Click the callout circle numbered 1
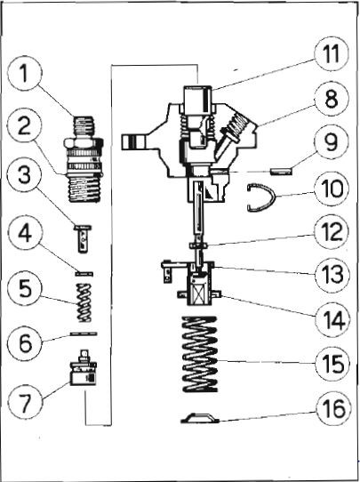[x=24, y=74]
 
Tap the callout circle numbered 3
[x=24, y=174]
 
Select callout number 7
[x=25, y=401]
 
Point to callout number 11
[x=332, y=55]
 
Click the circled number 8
[x=332, y=99]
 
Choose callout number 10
[x=332, y=189]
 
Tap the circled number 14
[x=332, y=319]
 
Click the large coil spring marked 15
[x=200, y=354]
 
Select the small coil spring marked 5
[x=84, y=302]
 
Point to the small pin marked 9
[x=281, y=171]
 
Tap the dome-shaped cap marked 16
[x=200, y=418]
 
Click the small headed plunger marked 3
[x=83, y=238]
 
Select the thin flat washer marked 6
[x=84, y=333]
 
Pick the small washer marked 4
[x=84, y=273]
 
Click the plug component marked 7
[x=84, y=368]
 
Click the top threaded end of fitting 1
[x=84, y=126]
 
